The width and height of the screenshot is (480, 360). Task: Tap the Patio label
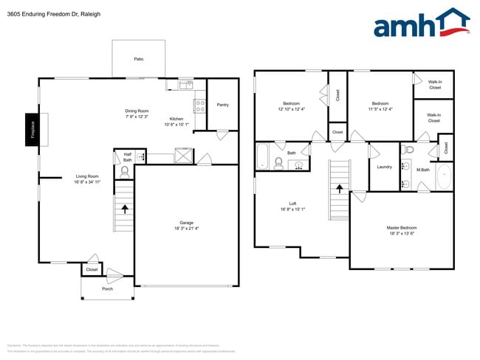[x=138, y=58]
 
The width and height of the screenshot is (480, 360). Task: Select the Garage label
[x=187, y=222]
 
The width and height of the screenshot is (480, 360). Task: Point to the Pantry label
[x=222, y=105]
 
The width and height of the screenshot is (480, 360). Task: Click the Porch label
[x=108, y=288]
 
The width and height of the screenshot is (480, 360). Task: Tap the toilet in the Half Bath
[x=124, y=171]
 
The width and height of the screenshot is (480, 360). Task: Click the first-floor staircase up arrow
[x=124, y=209]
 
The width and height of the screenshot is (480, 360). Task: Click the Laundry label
[x=384, y=167]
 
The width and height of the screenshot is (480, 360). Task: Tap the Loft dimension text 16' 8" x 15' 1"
[x=292, y=209]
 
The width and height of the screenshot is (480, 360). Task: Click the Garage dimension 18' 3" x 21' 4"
[x=187, y=229]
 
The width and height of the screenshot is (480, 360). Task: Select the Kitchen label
[x=176, y=119]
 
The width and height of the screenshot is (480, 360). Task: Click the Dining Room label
[x=137, y=111]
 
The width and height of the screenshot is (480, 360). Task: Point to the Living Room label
[x=87, y=176]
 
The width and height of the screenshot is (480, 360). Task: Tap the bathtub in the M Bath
[x=445, y=177]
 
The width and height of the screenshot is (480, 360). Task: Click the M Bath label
[x=423, y=170]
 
